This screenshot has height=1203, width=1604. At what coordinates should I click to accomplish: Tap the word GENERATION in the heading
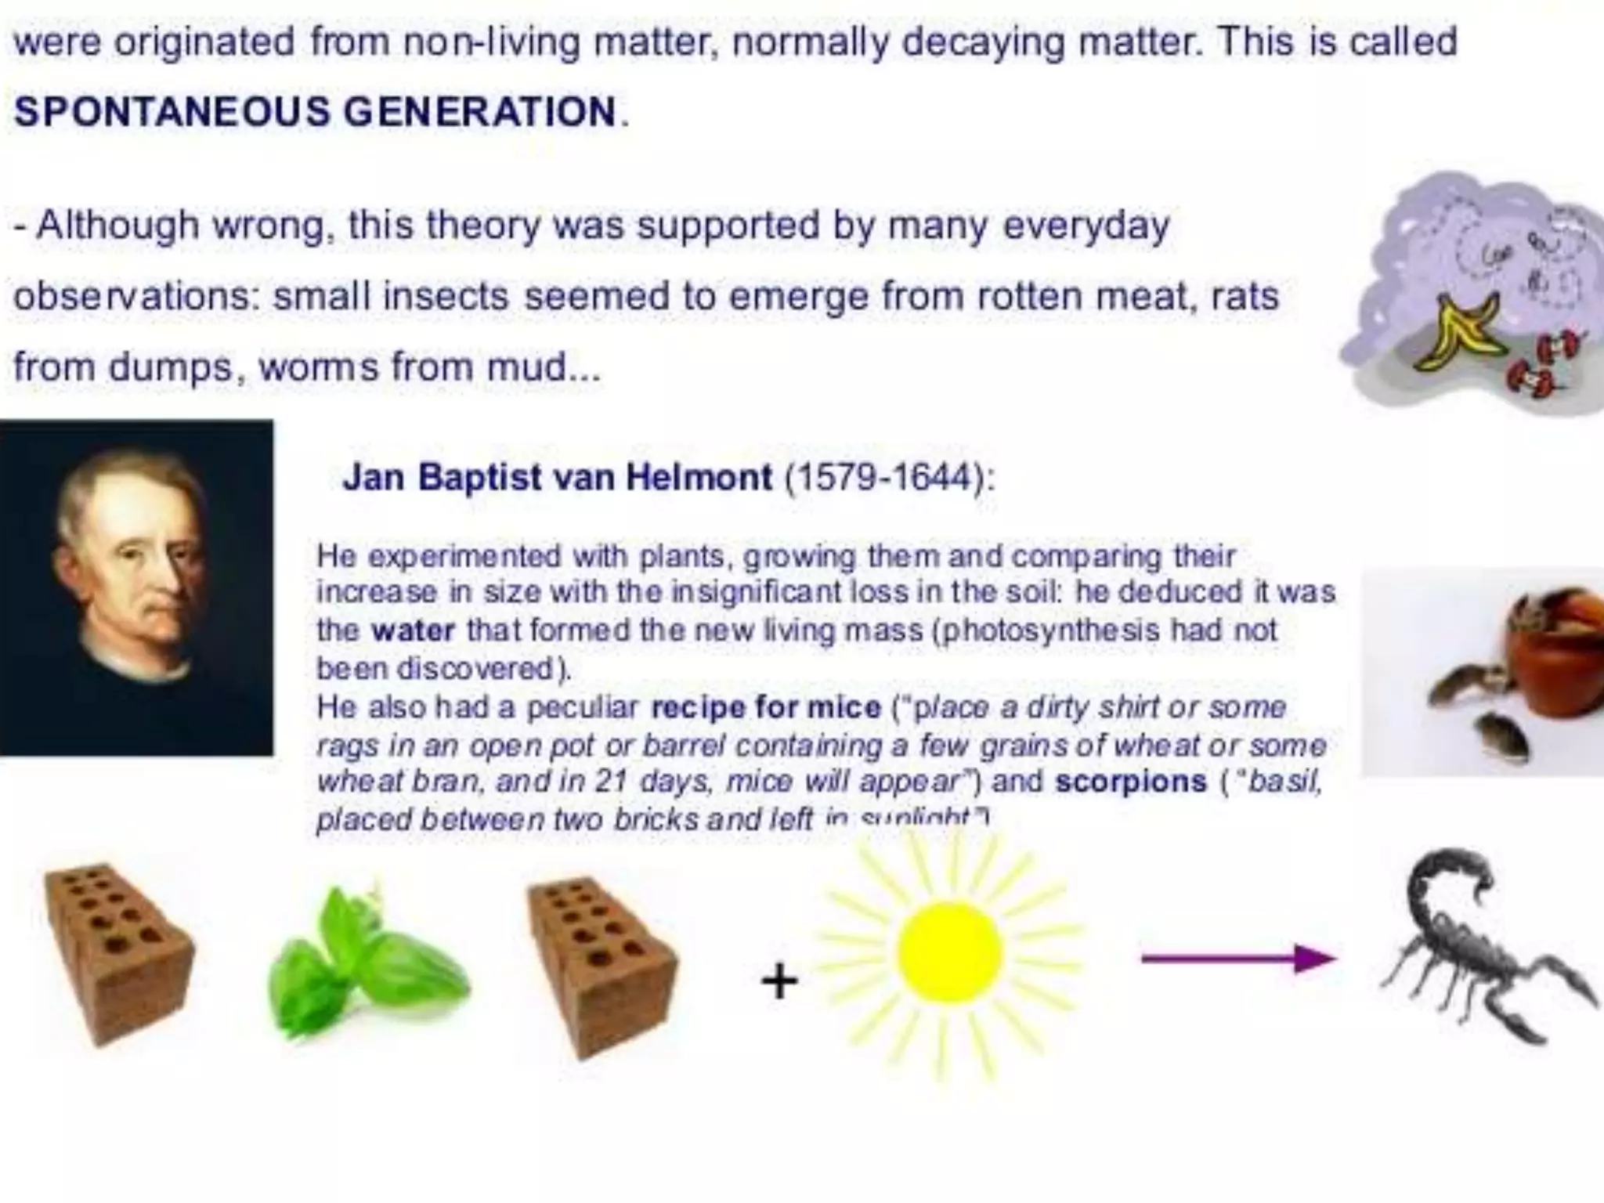point(480,112)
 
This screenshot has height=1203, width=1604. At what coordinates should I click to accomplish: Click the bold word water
point(413,630)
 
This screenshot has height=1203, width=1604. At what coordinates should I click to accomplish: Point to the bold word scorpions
point(1130,782)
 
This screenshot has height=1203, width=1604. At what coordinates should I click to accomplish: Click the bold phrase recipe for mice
point(766,707)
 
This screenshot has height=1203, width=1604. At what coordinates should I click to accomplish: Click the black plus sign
point(779,981)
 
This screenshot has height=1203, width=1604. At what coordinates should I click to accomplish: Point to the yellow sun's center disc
point(950,952)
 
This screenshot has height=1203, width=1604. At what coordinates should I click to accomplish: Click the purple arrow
point(1237,958)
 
